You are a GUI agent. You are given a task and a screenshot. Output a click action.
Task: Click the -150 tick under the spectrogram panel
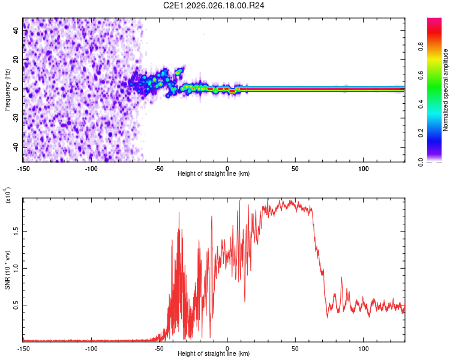pyautogui.click(x=23, y=168)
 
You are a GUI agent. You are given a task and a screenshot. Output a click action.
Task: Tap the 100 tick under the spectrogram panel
pyautogui.click(x=363, y=168)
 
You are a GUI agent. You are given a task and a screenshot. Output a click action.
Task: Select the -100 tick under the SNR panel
pyautogui.click(x=91, y=348)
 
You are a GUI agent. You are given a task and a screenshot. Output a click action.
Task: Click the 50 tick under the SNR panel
pyautogui.click(x=295, y=348)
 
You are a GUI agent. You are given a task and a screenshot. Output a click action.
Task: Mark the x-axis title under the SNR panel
pyautogui.click(x=214, y=355)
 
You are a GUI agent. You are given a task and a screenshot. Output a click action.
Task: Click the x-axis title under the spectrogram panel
pyautogui.click(x=214, y=174)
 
